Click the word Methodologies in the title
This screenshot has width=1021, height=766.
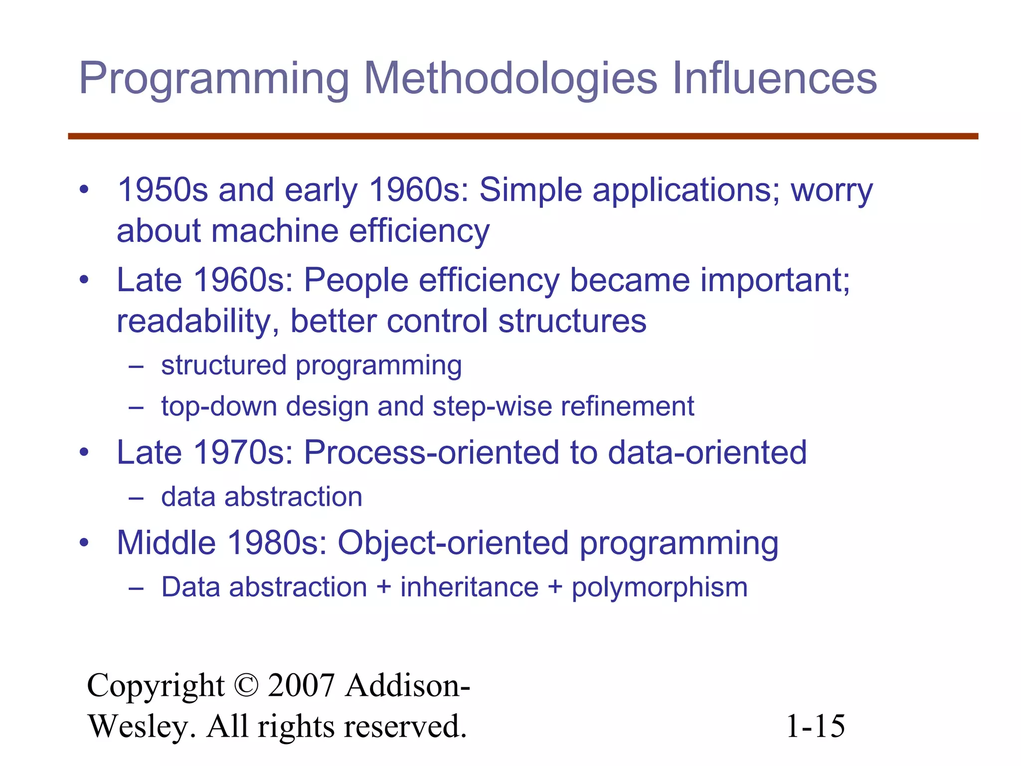(x=510, y=78)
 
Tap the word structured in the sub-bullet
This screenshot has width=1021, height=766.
(x=224, y=365)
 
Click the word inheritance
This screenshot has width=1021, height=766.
(x=469, y=587)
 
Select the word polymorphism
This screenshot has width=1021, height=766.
(x=659, y=588)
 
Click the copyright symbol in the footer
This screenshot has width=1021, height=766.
(x=246, y=686)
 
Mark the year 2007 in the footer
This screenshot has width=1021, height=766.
(x=301, y=686)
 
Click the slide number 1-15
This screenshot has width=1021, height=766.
(x=815, y=726)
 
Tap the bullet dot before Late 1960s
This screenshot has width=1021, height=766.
(x=84, y=280)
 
